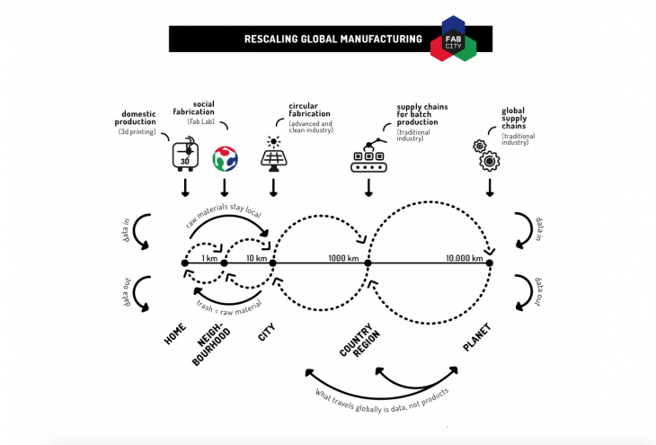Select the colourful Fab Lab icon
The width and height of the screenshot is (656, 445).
click(x=225, y=158)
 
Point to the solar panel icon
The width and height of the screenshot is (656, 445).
click(x=272, y=156)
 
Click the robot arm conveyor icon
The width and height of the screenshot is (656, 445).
click(x=368, y=154)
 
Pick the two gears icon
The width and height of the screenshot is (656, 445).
click(x=486, y=155)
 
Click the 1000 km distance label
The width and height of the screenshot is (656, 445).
click(x=342, y=258)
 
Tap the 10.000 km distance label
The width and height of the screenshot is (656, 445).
click(x=464, y=258)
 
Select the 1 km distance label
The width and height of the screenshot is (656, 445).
click(x=209, y=259)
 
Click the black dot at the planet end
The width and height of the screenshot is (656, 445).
click(x=490, y=263)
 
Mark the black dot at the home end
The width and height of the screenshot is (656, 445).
click(x=184, y=263)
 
